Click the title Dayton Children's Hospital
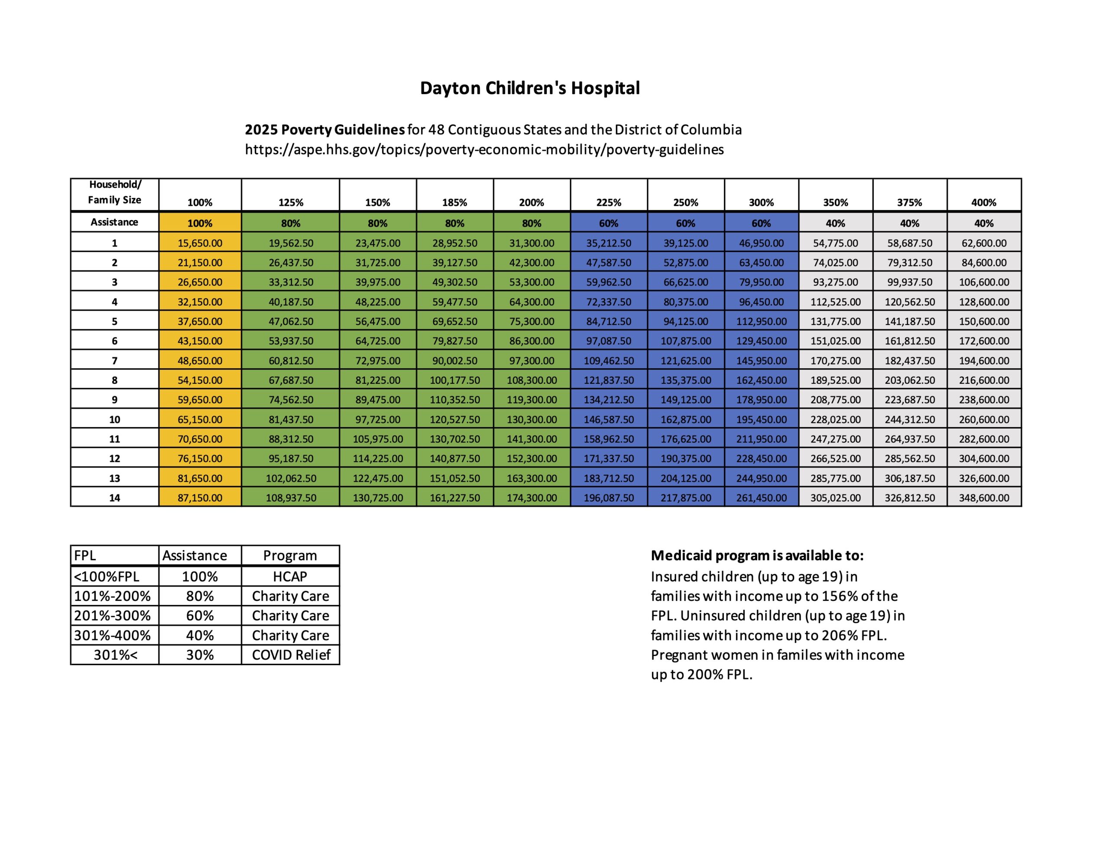(x=530, y=88)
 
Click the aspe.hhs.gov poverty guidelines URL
(x=484, y=149)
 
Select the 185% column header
(x=454, y=202)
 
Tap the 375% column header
(x=909, y=202)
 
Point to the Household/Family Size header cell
(x=115, y=192)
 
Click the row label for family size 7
(x=115, y=360)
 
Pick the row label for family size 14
(x=115, y=498)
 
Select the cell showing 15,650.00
(x=200, y=243)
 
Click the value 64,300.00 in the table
(x=532, y=302)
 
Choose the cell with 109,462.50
(x=608, y=360)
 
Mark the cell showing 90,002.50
(x=454, y=360)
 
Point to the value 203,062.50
(x=909, y=380)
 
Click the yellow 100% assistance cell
(x=200, y=223)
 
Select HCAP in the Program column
(x=290, y=577)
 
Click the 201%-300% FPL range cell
(x=113, y=616)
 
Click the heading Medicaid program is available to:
(x=757, y=555)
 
